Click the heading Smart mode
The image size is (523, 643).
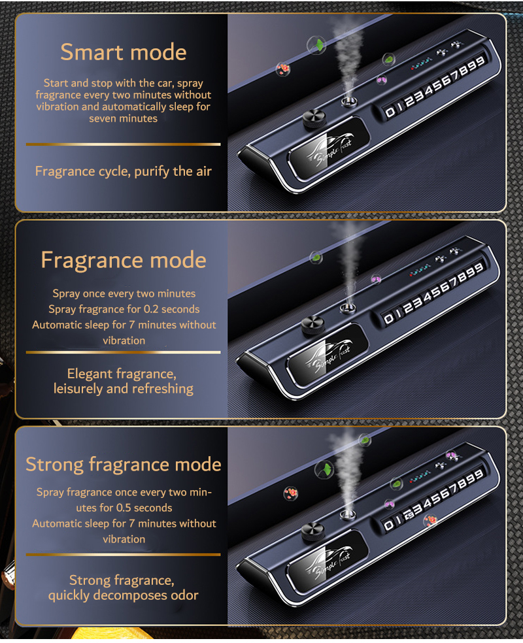124,52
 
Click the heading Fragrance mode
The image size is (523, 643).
124,260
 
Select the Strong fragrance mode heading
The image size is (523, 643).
124,465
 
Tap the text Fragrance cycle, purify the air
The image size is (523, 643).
124,171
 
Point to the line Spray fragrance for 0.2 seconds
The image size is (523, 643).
124,309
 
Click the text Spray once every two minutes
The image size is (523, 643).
124,293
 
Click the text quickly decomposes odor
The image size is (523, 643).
124,595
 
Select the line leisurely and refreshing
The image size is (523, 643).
124,389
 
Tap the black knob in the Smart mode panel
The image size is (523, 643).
314,118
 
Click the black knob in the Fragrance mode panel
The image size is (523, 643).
313,325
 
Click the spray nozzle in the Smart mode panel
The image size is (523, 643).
348,101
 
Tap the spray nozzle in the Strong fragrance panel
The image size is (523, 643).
348,514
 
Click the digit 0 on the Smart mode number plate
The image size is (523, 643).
390,112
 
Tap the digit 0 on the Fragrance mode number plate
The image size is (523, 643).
388,319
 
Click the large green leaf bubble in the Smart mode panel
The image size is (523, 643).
316,45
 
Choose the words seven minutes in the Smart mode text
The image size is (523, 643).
123,118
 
